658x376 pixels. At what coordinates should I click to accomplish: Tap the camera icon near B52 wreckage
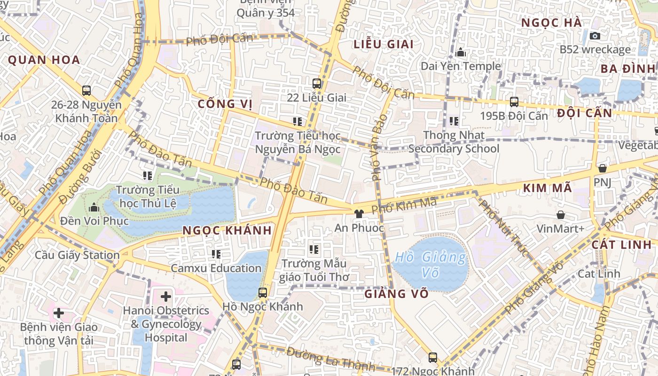coord(595,36)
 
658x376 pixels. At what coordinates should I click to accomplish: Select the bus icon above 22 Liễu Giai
coord(317,84)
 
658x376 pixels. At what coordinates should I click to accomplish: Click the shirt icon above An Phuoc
coord(359,213)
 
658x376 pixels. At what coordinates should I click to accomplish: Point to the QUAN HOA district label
coord(44,60)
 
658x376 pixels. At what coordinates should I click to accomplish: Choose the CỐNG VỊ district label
coord(225,104)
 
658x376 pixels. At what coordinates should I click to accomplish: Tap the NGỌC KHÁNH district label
coord(227,230)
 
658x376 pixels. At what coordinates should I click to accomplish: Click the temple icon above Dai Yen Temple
coord(461,52)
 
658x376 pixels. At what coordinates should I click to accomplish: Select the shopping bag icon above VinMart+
coord(561,215)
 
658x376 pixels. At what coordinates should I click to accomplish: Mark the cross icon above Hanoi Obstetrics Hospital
coord(166,297)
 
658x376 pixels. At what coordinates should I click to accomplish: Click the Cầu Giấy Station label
coord(77,255)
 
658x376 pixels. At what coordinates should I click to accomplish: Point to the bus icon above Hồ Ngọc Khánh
coord(263,293)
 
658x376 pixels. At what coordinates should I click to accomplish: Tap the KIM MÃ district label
coord(547,188)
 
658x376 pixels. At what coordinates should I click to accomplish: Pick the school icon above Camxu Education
coord(216,254)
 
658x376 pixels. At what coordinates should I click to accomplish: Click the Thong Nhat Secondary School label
coord(454,142)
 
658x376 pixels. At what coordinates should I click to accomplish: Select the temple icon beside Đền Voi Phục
coord(94,207)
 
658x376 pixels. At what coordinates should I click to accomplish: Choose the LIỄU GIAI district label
coord(384,44)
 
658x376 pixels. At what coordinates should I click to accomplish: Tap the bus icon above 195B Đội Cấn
coord(514,102)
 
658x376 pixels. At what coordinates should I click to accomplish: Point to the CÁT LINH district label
coord(621,244)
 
